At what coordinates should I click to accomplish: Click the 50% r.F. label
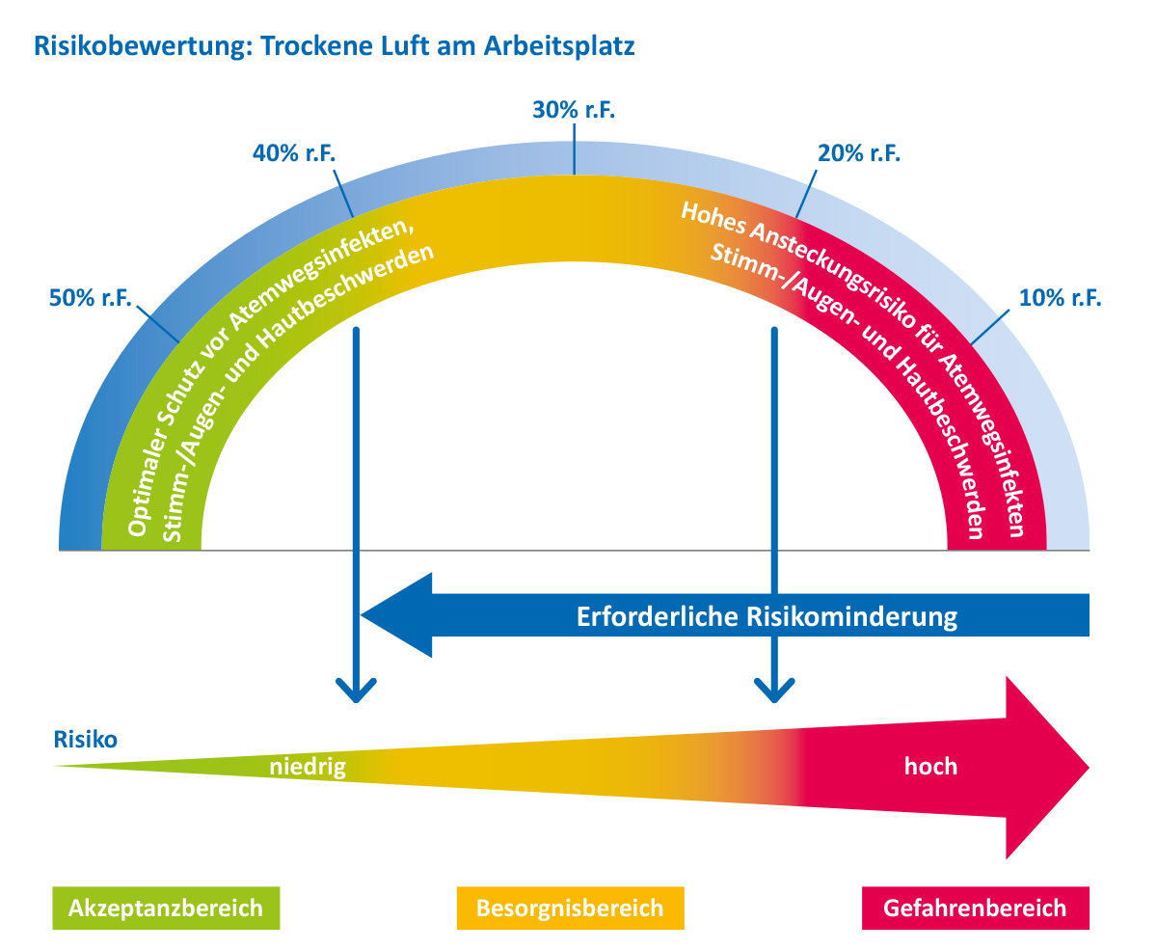[91, 298]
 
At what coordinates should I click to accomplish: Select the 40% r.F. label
[293, 153]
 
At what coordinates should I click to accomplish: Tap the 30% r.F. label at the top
[574, 110]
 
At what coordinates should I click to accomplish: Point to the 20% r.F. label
[858, 153]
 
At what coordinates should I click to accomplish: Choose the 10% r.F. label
[1060, 298]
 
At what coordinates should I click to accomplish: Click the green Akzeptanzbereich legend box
[166, 908]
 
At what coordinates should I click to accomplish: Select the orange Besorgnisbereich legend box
[570, 908]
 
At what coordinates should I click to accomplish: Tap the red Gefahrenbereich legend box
[975, 908]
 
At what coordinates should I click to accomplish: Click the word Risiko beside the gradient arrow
[85, 740]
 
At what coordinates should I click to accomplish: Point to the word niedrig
[308, 767]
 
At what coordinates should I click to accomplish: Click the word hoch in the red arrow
[930, 766]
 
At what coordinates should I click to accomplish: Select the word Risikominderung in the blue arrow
[851, 617]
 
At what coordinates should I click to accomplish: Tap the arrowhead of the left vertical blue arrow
[356, 691]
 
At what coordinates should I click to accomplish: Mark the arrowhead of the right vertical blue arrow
[774, 691]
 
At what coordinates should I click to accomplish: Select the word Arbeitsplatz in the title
[558, 46]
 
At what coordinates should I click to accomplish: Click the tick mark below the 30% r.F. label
[574, 149]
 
